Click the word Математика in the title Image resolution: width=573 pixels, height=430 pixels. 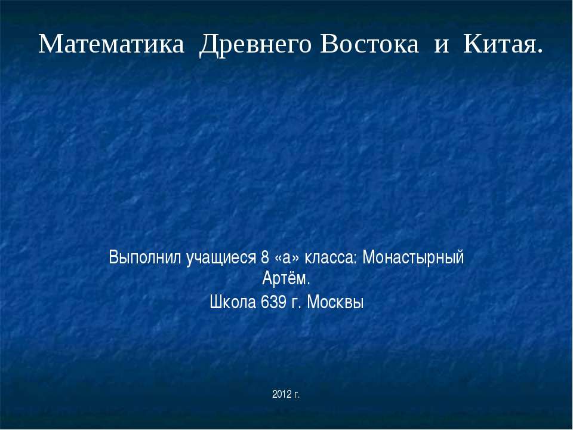(111, 44)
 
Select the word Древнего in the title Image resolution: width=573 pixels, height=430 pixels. (254, 44)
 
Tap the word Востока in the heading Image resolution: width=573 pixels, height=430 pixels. (369, 44)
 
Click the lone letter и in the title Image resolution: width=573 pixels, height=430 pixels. (441, 45)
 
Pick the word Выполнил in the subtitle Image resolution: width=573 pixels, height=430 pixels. (146, 259)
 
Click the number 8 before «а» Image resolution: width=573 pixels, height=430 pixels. (265, 259)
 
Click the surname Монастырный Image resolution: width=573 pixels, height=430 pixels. (414, 259)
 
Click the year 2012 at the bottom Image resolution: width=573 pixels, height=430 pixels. (281, 394)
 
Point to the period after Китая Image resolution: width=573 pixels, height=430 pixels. (540, 50)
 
